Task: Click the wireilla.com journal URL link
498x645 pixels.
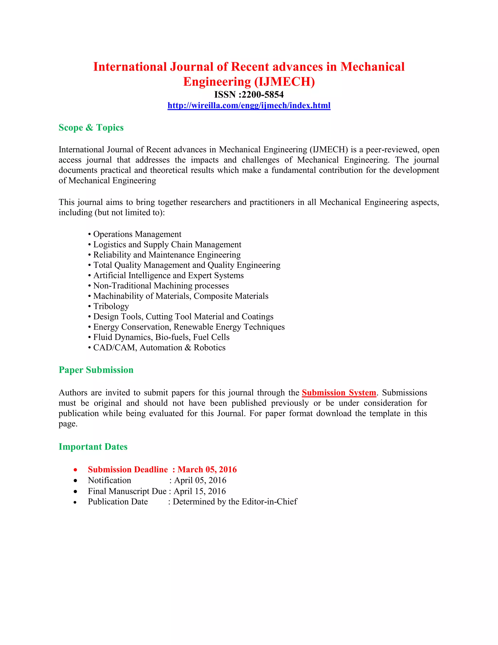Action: tap(249, 105)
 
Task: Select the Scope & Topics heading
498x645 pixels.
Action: tap(91, 128)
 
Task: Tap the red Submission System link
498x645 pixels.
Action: tap(339, 393)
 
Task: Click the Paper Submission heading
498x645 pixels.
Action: tap(96, 370)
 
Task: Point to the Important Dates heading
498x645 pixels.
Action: tap(93, 447)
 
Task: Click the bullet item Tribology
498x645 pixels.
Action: tap(111, 306)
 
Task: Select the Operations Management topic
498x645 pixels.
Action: tap(137, 234)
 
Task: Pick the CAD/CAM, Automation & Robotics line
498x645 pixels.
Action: tap(159, 348)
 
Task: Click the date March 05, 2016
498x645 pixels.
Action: tap(207, 469)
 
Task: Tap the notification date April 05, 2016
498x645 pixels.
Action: tap(200, 480)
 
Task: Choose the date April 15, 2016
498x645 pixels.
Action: tap(200, 491)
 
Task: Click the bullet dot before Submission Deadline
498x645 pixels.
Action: tap(76, 470)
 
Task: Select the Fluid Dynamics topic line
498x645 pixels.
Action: tap(161, 337)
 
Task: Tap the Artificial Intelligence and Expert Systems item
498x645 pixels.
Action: tap(168, 275)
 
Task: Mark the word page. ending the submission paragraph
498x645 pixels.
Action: tap(68, 424)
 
